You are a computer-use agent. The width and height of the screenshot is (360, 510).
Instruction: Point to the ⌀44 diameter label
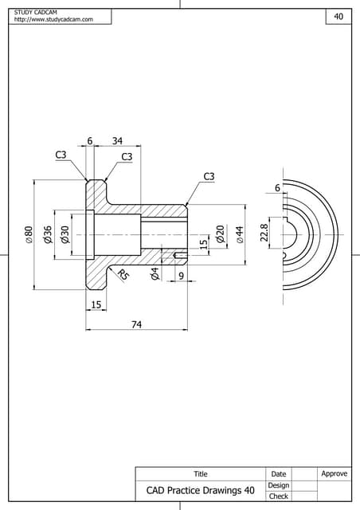coord(239,234)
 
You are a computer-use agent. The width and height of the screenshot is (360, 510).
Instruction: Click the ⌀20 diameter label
coord(220,234)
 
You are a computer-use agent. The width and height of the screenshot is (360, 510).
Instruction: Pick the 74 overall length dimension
coord(136,324)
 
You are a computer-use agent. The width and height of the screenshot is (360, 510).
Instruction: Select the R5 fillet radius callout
coord(123,276)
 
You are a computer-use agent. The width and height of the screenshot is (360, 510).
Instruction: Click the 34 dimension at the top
coord(117,141)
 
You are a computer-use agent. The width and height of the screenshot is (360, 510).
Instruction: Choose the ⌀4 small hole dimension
coord(155,274)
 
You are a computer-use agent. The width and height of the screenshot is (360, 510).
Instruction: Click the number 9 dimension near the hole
coord(181,276)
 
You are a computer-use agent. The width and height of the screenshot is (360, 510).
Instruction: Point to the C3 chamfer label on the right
coord(209,176)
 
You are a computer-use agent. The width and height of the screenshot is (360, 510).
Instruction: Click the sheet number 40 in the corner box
coord(338,16)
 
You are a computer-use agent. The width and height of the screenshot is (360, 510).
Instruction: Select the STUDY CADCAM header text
coord(37,12)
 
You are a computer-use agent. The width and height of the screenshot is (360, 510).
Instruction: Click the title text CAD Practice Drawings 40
coord(201,490)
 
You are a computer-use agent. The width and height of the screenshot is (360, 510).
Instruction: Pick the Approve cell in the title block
coord(335,473)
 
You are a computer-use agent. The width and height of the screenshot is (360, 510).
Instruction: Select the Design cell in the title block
coord(279,484)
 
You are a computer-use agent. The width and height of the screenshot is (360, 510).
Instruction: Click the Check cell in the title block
coord(279,496)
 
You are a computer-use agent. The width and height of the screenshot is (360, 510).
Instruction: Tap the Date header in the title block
coord(279,474)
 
